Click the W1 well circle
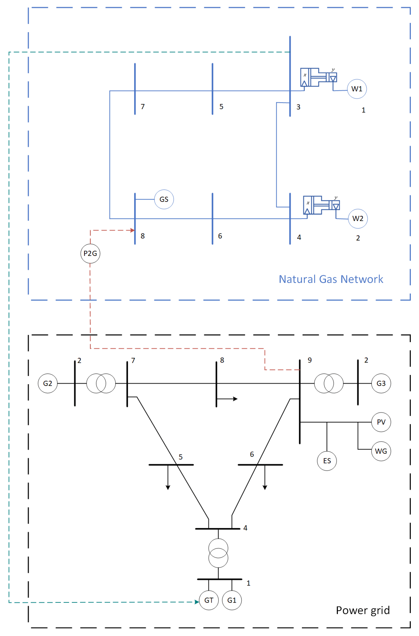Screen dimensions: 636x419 click(x=357, y=89)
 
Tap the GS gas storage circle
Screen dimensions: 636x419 click(x=164, y=199)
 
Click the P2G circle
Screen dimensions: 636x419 click(x=90, y=253)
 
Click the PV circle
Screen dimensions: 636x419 click(x=381, y=422)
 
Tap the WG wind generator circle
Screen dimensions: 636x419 click(x=381, y=451)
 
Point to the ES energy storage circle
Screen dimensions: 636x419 click(x=327, y=461)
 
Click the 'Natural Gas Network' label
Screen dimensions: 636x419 click(x=331, y=279)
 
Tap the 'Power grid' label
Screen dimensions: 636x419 click(x=363, y=610)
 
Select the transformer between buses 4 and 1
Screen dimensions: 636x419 click(x=218, y=553)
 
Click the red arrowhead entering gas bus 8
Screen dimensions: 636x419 click(x=132, y=230)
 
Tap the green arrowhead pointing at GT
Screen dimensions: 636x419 click(x=197, y=602)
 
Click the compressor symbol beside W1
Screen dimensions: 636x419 click(x=318, y=77)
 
